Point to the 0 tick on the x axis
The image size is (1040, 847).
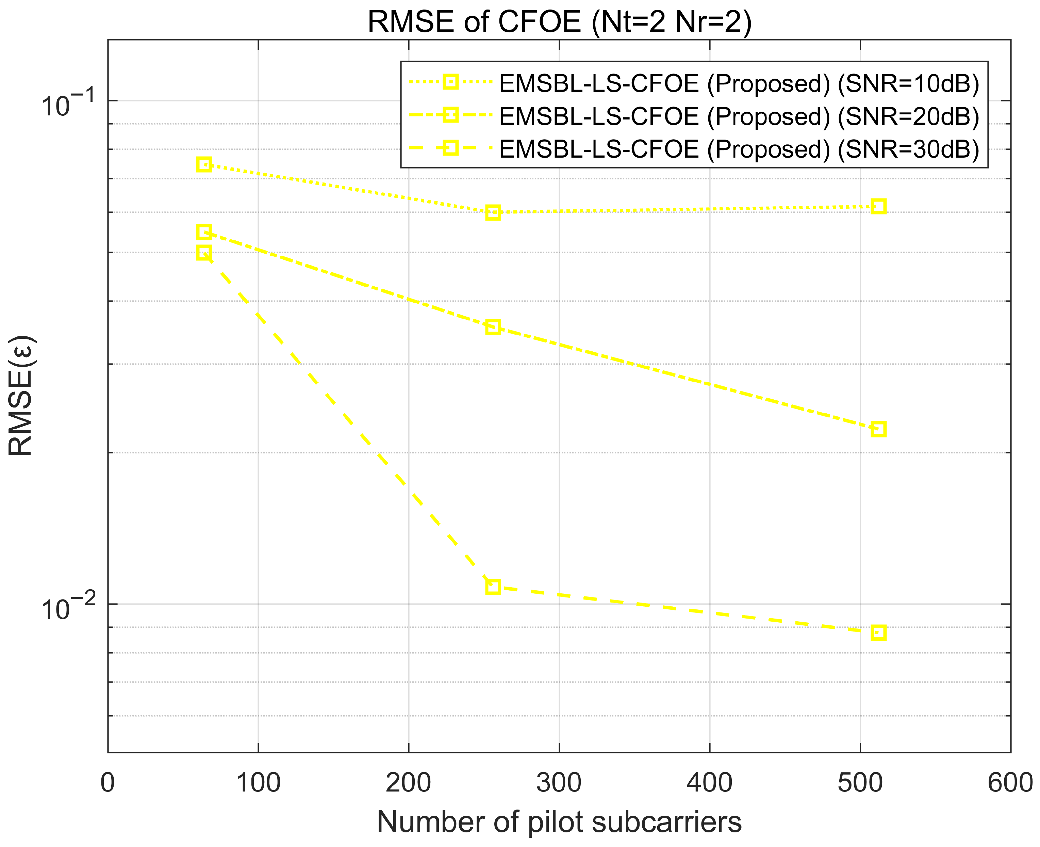click(108, 783)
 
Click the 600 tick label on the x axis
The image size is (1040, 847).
click(1010, 783)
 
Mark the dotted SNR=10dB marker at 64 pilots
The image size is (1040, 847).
click(204, 164)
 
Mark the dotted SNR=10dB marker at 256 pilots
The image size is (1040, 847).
click(493, 213)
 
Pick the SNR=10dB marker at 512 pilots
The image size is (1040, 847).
click(878, 206)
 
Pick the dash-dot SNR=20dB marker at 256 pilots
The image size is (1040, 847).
click(493, 326)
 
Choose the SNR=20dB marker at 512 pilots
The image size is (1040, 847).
click(878, 429)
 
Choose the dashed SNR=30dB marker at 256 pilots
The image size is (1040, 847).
click(493, 587)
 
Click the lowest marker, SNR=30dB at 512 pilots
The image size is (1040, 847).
click(878, 633)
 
